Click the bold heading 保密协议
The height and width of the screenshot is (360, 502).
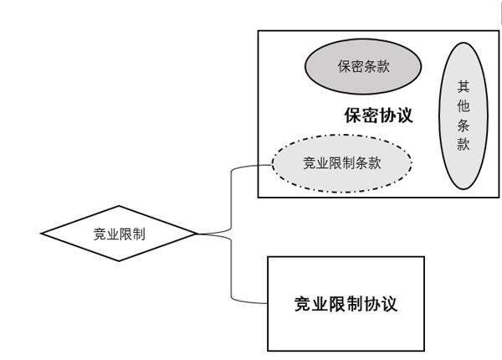pos(378,116)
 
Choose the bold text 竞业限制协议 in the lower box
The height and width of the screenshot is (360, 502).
pos(346,304)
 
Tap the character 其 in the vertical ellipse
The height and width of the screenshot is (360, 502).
pos(463,86)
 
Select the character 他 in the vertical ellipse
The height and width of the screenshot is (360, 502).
pos(463,105)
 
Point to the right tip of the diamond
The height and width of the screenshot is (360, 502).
pos(196,234)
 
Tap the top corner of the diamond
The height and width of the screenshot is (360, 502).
pos(120,206)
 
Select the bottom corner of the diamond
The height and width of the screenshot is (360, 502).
pos(120,261)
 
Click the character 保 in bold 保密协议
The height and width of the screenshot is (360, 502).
pos(352,116)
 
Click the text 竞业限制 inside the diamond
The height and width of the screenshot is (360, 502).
pos(120,234)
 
